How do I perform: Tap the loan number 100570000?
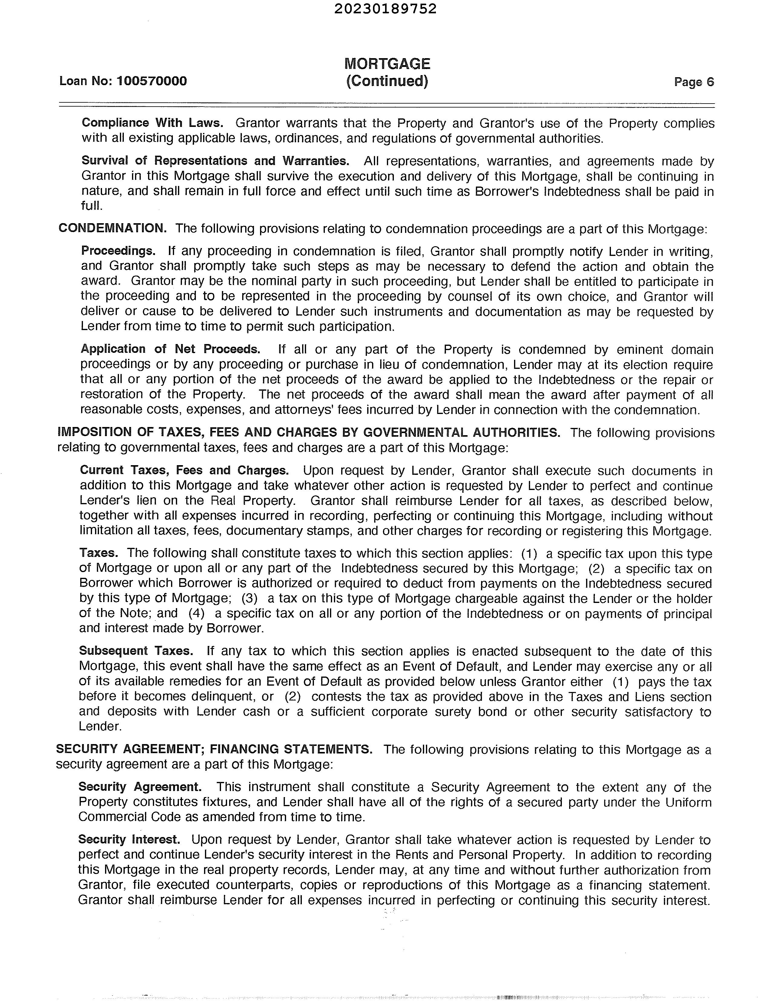152,81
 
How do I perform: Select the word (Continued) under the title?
387,81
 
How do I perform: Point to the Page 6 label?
694,82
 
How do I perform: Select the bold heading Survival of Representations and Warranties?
215,161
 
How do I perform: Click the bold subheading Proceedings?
118,251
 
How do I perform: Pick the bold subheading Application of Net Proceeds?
170,349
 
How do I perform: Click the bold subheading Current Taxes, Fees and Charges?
184,470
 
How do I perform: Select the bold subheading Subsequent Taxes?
136,651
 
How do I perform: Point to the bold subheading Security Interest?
129,839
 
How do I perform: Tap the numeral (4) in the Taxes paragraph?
196,614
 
